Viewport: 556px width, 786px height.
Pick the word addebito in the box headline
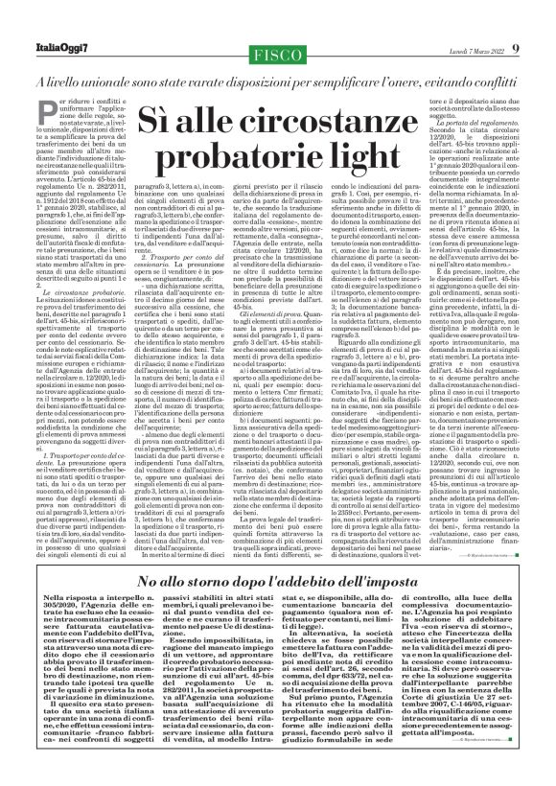[335, 581]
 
